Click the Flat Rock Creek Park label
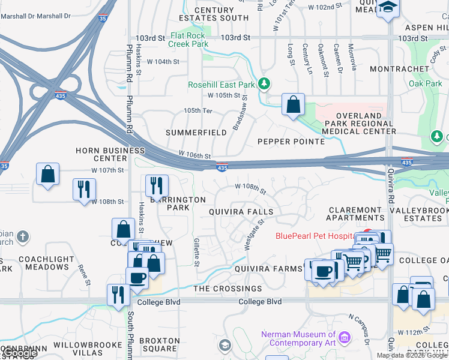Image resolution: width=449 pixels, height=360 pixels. click(188, 40)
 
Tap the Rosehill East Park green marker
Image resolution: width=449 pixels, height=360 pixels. click(263, 83)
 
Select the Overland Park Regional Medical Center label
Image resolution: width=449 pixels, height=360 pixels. click(359, 123)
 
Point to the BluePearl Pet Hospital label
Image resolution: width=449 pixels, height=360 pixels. click(315, 235)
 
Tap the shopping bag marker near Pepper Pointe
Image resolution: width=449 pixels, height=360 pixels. click(292, 104)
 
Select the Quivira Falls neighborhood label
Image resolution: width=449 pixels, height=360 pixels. click(241, 212)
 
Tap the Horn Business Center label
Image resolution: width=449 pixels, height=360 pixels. click(101, 154)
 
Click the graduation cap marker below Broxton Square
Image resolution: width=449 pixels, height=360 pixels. click(224, 345)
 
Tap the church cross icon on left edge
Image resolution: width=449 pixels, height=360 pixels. click(23, 236)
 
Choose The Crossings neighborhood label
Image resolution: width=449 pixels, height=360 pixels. click(228, 289)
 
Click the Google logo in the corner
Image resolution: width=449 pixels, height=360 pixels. click(19, 353)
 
